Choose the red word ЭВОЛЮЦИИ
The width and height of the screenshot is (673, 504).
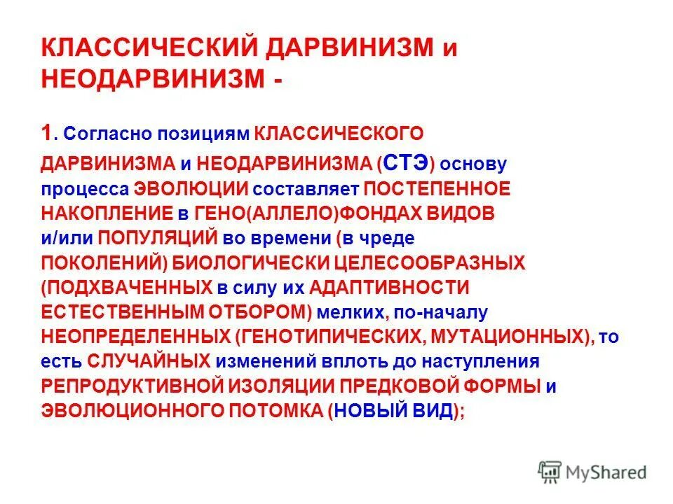click(x=191, y=189)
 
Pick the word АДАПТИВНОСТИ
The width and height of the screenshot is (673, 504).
click(x=389, y=287)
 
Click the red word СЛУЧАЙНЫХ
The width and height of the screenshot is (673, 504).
click(x=149, y=361)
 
